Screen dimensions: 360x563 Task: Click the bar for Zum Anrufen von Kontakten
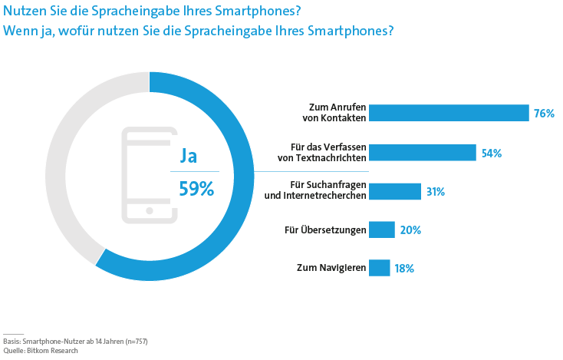(x=449, y=114)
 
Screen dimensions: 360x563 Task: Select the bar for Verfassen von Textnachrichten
(x=423, y=153)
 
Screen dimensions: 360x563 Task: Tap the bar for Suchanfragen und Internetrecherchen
(x=395, y=191)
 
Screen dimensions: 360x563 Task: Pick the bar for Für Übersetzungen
(x=382, y=230)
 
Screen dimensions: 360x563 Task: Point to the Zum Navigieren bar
(x=380, y=268)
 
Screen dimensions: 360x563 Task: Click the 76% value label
(x=544, y=114)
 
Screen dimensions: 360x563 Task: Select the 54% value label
(x=491, y=154)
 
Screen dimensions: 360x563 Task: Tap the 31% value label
(x=436, y=192)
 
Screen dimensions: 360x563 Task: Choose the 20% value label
(x=410, y=230)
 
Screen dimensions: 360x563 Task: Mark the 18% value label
(x=404, y=269)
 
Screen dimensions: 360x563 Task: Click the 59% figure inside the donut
(x=196, y=189)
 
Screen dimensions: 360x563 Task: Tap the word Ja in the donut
(x=189, y=156)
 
